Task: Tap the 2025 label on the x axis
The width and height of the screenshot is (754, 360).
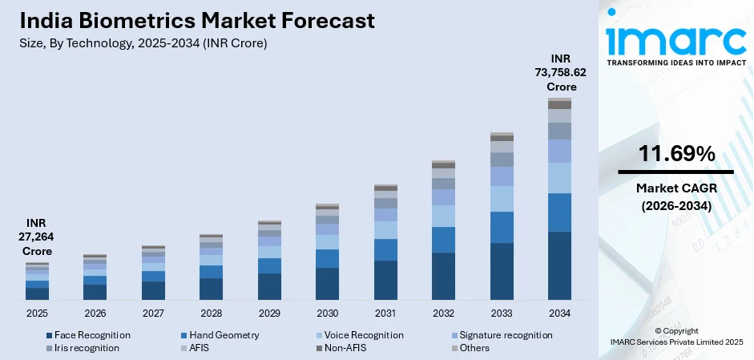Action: click(x=37, y=313)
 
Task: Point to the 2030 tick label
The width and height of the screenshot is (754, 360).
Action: click(x=327, y=313)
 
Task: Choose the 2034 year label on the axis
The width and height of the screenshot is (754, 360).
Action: click(x=559, y=313)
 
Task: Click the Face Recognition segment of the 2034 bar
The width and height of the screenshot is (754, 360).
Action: click(x=559, y=265)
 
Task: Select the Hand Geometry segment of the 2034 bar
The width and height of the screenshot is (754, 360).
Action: click(x=559, y=212)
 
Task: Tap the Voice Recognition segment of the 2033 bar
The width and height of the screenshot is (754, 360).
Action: click(x=502, y=199)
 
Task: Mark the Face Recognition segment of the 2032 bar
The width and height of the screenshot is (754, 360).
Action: click(x=443, y=276)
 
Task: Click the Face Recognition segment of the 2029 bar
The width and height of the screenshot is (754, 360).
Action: click(x=269, y=286)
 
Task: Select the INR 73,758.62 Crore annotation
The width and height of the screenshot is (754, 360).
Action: click(x=559, y=72)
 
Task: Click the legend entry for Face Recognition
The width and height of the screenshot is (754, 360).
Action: click(x=88, y=334)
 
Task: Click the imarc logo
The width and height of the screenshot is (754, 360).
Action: click(x=675, y=38)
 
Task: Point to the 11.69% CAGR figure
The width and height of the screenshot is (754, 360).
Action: click(x=675, y=154)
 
